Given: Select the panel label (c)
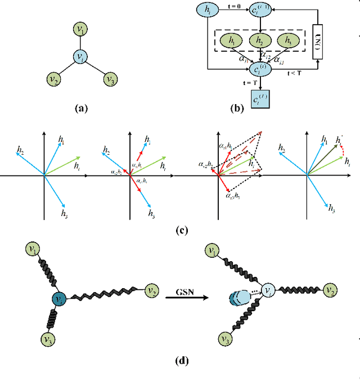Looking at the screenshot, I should point(181,229).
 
